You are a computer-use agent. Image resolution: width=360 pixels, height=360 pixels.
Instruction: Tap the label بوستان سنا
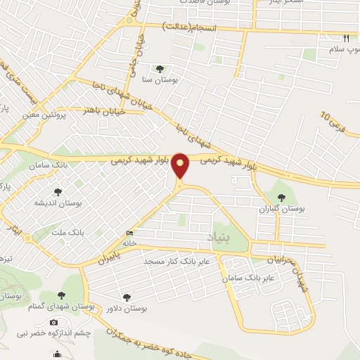click(x=160, y=81)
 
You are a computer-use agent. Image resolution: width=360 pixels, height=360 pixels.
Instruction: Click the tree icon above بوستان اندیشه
click(x=58, y=191)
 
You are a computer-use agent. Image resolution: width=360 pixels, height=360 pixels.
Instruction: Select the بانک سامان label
click(x=49, y=164)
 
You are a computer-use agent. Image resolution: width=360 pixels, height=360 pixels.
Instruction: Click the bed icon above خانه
click(x=129, y=233)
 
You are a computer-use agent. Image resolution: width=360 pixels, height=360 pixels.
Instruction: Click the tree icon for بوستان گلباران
click(x=282, y=198)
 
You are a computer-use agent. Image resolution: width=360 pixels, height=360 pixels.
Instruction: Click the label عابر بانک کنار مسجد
click(x=178, y=262)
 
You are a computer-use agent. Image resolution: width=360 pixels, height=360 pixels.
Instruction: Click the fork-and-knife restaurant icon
click(x=345, y=39)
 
